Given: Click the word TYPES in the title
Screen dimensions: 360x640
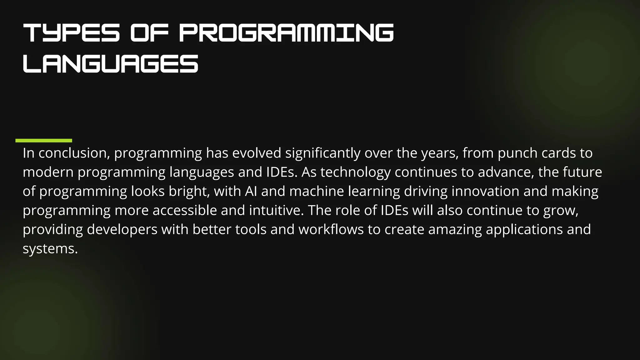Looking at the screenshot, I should (71, 33).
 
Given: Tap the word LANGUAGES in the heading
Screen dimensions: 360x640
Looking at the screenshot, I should (111, 64).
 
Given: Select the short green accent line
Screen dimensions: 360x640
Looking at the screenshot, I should (44, 141).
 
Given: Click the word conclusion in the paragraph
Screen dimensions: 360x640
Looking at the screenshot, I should (74, 153).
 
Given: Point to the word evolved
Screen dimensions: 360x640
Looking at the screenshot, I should (257, 153).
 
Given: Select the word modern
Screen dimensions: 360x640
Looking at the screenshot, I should (48, 172).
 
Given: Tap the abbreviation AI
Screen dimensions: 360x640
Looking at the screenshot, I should (251, 191).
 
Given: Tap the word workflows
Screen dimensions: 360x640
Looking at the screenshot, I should (331, 229).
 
